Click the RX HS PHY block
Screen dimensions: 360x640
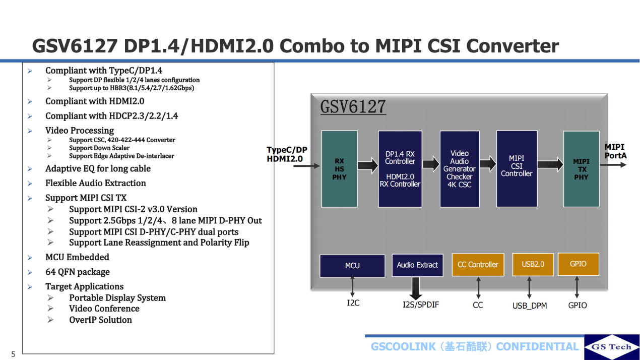pos(339,169)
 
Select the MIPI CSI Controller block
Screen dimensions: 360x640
pos(517,168)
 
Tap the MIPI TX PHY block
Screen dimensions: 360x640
pos(581,169)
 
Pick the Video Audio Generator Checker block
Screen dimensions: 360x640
pos(459,169)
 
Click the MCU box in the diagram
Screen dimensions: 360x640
pos(352,265)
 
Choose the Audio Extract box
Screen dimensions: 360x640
pos(417,265)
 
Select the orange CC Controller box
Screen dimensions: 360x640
pos(478,264)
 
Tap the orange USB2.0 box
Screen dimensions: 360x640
pos(532,264)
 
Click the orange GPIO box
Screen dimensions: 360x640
pos(578,264)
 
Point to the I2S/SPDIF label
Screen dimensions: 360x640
pos(421,305)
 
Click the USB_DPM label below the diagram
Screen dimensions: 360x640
pos(530,306)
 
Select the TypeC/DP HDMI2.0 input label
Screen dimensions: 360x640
pos(286,154)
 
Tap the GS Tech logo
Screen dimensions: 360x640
pos(611,347)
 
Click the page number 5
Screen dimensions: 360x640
pos(13,354)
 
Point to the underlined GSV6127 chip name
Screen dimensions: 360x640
pos(353,107)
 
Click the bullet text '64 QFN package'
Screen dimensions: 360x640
pos(77,272)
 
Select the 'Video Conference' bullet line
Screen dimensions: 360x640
pos(104,309)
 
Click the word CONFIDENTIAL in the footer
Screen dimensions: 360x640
pos(537,346)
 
